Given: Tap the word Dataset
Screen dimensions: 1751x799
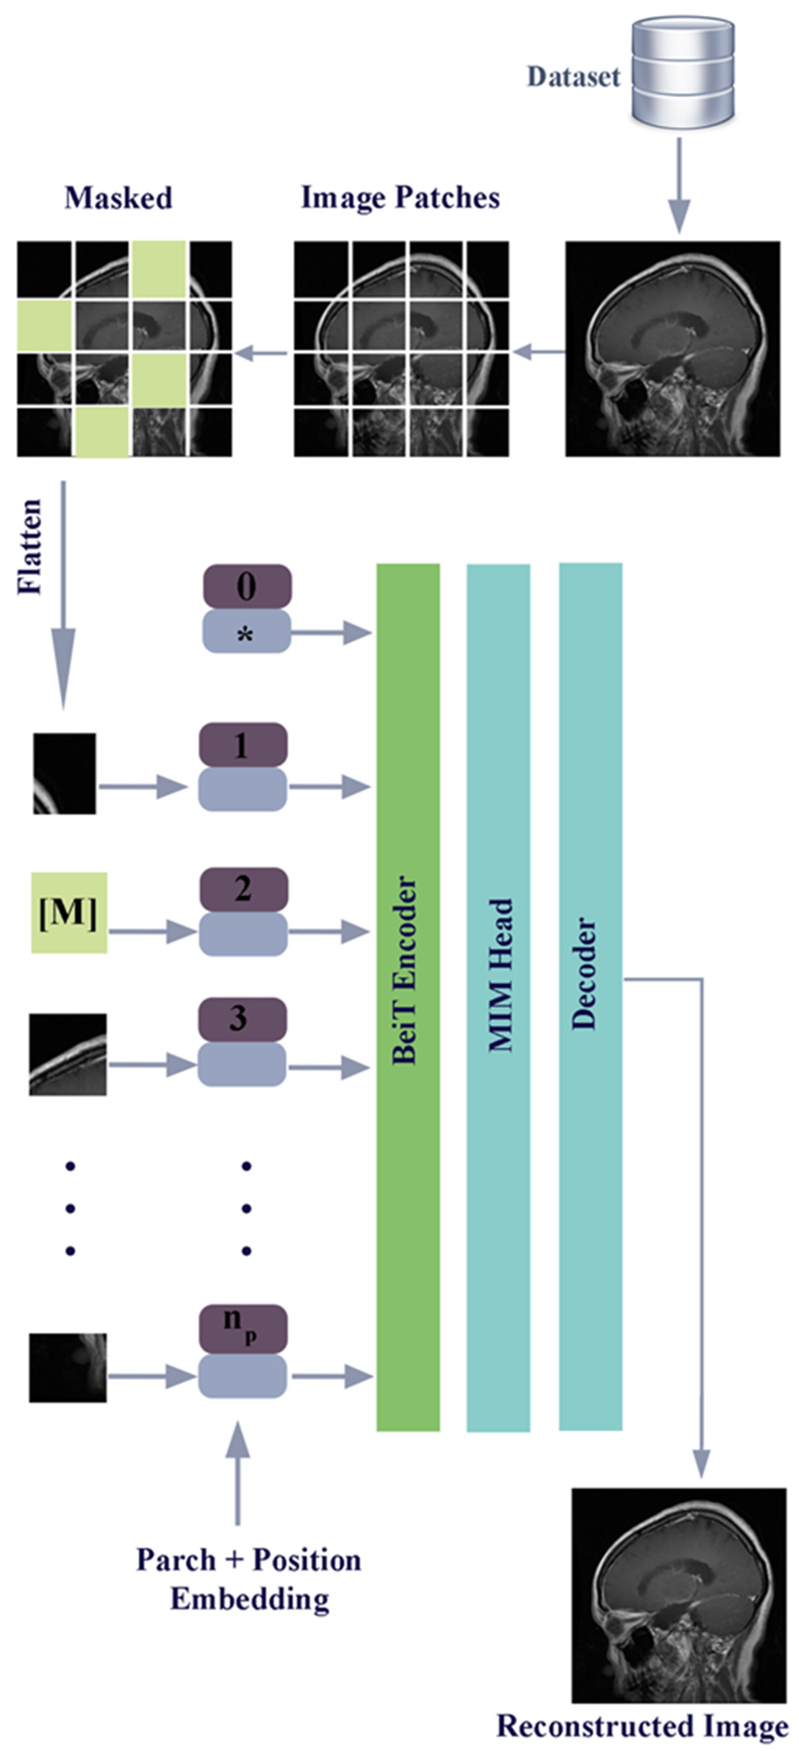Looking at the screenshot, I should click(x=573, y=77).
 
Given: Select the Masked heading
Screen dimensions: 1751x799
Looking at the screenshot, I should click(x=118, y=198).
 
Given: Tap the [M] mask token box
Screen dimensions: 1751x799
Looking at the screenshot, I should click(x=69, y=912).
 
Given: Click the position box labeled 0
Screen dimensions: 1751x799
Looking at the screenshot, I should click(x=247, y=586).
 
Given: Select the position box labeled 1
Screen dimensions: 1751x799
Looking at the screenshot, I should click(x=243, y=745).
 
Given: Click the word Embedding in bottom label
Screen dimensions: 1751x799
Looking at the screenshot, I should click(x=250, y=1599).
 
